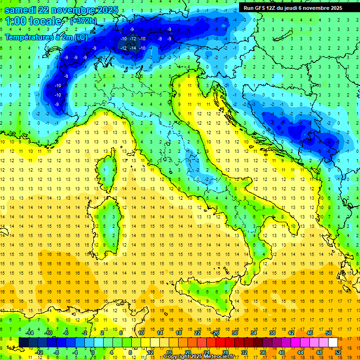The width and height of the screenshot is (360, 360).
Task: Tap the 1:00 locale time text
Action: point(33,21)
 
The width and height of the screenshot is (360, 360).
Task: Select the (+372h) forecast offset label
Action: point(84,21)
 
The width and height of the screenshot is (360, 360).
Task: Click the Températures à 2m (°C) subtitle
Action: point(46,37)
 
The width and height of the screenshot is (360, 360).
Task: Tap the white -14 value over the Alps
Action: point(133,48)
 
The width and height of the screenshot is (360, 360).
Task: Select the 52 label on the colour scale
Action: point(338,352)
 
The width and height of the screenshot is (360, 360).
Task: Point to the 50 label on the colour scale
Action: point(329,332)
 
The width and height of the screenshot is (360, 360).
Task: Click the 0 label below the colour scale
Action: point(93,352)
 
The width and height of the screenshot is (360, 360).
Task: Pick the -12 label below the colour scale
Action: point(39,352)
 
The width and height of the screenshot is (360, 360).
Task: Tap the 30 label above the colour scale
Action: point(235,332)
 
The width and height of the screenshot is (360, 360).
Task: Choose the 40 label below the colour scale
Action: point(282,352)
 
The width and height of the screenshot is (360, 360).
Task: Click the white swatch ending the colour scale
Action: point(333,342)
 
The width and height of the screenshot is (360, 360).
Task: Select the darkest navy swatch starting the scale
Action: point(24,342)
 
